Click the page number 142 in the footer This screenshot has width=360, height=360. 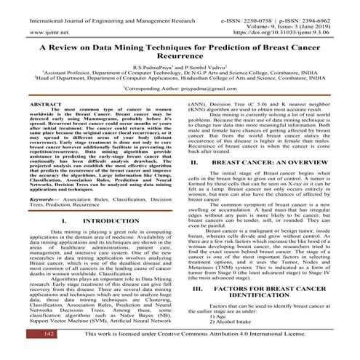(25, 354)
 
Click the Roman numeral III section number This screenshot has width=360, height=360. (195, 288)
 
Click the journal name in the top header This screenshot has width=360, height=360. (97, 5)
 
